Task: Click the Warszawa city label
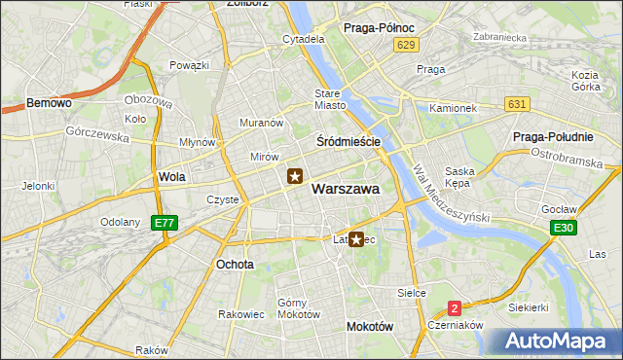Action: [346, 190]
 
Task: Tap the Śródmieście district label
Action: [348, 141]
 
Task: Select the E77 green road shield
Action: [165, 223]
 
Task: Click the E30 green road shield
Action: [562, 228]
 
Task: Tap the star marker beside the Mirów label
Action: [295, 176]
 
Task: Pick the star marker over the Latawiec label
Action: [357, 239]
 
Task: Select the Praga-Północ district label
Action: [381, 28]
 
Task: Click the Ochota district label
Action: [235, 264]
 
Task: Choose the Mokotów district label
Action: [369, 327]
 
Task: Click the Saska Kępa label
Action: [458, 176]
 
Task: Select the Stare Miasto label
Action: [330, 99]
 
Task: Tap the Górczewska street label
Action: [97, 134]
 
